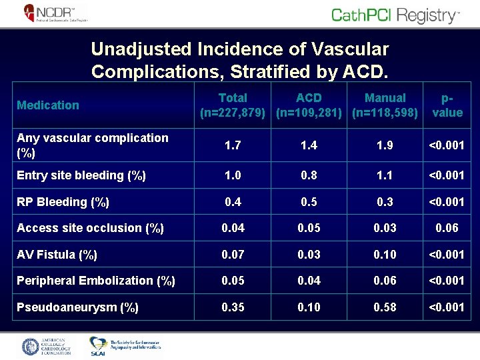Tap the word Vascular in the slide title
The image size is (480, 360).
point(345,49)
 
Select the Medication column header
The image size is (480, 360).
point(48,105)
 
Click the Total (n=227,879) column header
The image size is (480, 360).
point(233,105)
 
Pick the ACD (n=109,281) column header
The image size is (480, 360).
point(309,105)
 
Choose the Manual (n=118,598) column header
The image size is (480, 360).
point(385,105)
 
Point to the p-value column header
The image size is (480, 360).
point(447,105)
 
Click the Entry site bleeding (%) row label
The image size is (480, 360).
point(80,176)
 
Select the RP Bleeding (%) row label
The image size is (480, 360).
point(63,202)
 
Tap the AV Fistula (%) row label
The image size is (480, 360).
point(57,255)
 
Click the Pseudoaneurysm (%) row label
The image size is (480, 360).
point(77,307)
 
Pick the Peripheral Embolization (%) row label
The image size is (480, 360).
point(95,281)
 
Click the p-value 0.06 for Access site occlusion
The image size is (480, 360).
point(447,228)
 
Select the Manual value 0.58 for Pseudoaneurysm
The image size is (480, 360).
point(385,307)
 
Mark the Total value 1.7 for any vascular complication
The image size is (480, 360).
point(233,145)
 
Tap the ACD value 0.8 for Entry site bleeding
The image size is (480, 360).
point(309,176)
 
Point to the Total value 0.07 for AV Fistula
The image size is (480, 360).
point(233,255)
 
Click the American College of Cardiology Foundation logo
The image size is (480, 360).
point(47,347)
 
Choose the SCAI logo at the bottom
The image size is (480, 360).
point(125,346)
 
